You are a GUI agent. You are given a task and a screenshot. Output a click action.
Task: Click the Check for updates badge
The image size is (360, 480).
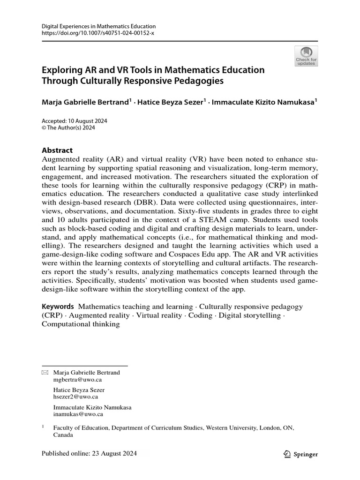click(306, 56)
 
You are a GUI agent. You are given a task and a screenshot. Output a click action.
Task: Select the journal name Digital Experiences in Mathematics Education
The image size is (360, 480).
click(99, 27)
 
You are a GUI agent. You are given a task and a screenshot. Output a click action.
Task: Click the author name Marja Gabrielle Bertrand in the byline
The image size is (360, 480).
click(85, 102)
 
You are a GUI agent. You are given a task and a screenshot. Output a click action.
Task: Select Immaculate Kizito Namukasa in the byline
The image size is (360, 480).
click(263, 102)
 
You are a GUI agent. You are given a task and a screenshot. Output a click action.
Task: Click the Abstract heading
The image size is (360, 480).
click(57, 150)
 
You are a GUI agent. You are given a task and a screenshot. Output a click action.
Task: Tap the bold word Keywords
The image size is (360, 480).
click(58, 307)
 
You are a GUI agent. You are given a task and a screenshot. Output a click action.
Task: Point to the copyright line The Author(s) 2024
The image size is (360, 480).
click(71, 127)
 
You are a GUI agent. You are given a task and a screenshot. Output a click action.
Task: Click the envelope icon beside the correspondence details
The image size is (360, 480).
click(45, 373)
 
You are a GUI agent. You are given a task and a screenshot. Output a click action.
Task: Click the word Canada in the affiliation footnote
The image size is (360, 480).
click(63, 435)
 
